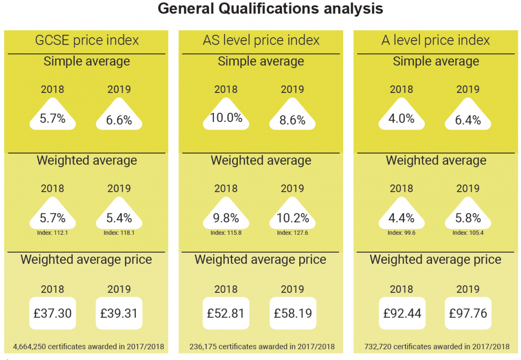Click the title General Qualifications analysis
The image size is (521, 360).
click(x=271, y=9)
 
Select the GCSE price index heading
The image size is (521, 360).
click(x=86, y=40)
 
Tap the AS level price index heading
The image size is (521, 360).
click(x=261, y=40)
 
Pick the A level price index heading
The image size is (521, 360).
click(x=436, y=40)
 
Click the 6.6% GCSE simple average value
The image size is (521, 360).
click(x=119, y=120)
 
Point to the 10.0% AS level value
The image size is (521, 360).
click(x=226, y=118)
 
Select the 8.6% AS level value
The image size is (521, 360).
click(x=292, y=120)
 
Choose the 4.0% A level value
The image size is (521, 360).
click(x=401, y=118)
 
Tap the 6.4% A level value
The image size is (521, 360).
click(x=467, y=120)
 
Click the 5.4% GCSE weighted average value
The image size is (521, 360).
click(x=119, y=218)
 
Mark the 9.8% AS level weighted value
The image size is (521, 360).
click(x=226, y=218)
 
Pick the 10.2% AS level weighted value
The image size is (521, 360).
click(x=292, y=218)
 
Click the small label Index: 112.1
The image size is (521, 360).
click(x=53, y=233)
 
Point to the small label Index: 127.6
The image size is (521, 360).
click(x=292, y=233)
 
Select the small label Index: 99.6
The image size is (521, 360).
click(x=401, y=233)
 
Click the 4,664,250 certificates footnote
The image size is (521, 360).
click(x=88, y=347)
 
